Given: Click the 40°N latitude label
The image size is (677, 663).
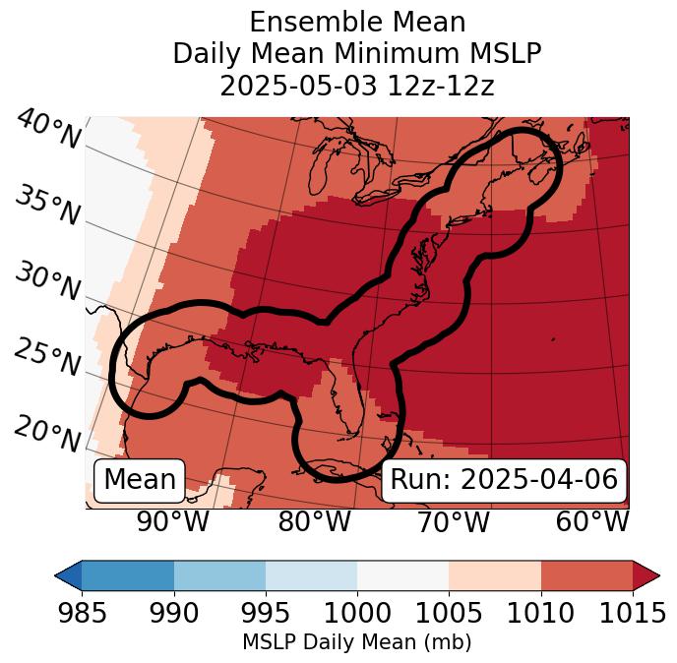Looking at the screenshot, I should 48,131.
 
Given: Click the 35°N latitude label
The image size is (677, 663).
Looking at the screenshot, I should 47,206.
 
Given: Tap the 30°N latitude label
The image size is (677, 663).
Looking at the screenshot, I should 47,282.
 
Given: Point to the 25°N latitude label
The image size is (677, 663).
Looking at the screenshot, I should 47,357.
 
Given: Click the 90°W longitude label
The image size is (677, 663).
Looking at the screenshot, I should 172,521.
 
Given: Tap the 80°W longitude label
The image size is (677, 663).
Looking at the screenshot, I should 314,521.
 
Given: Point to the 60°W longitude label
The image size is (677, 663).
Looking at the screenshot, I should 592,521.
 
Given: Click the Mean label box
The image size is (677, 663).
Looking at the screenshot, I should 140,480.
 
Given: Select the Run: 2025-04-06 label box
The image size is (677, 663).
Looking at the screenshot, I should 504,480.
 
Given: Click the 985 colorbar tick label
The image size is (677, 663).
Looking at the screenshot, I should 82,613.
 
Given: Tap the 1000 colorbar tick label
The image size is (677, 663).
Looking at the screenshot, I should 357,613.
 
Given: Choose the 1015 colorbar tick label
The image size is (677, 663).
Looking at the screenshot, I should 633,613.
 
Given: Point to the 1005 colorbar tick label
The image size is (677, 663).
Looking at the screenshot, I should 449,613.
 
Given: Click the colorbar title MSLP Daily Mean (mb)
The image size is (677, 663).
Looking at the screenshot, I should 356,643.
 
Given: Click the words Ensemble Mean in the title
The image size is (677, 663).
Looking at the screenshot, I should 356,23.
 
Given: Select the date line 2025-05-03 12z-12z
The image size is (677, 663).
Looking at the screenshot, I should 356,86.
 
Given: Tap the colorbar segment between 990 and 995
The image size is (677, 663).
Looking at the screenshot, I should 219,575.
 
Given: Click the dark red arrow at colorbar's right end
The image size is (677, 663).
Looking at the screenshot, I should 646,575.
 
